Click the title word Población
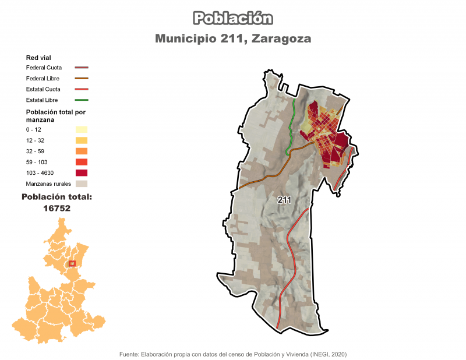pyautogui.click(x=233, y=18)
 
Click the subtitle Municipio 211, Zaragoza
pyautogui.click(x=233, y=38)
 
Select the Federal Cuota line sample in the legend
pyautogui.click(x=81, y=68)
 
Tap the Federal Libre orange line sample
pyautogui.click(x=81, y=78)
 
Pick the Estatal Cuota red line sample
pyautogui.click(x=81, y=89)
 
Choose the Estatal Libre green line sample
pyautogui.click(x=81, y=100)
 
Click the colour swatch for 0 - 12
pyautogui.click(x=81, y=129)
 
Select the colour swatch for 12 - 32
pyautogui.click(x=81, y=140)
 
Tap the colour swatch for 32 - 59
pyautogui.click(x=81, y=151)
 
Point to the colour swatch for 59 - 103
pyautogui.click(x=81, y=162)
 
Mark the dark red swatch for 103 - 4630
pyautogui.click(x=81, y=172)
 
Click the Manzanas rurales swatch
pyautogui.click(x=81, y=183)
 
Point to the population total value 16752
pyautogui.click(x=57, y=207)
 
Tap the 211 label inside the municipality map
pyautogui.click(x=284, y=200)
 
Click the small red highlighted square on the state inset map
pyautogui.click(x=72, y=264)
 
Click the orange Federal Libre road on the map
pyautogui.click(x=268, y=175)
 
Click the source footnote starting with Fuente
pyautogui.click(x=233, y=354)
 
